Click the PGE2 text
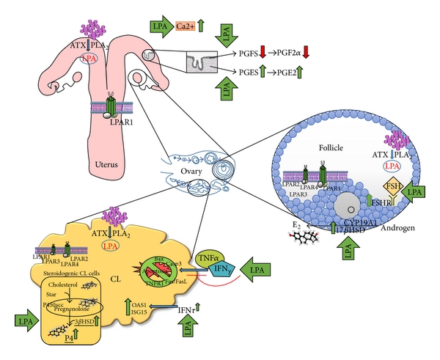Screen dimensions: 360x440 pos(291,73)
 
